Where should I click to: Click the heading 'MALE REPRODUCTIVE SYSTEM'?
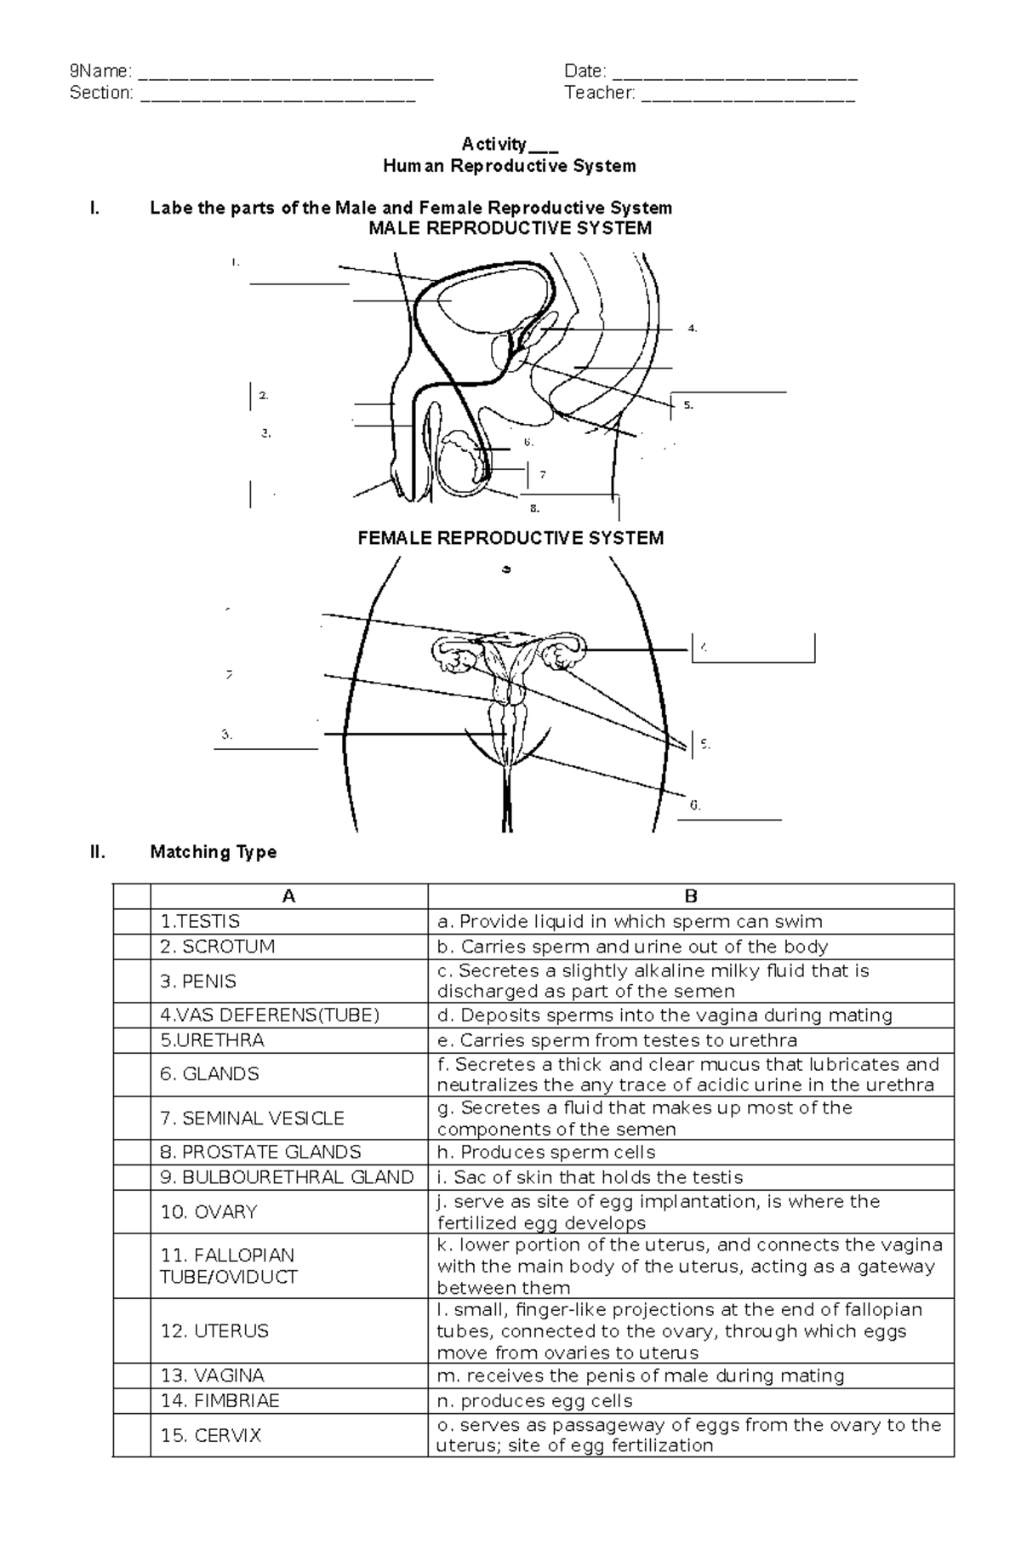coord(510,228)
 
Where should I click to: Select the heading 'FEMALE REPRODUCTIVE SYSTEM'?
coord(510,538)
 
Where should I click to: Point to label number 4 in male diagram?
coord(693,329)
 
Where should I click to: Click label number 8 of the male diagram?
coord(534,509)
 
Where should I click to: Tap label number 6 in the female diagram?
coord(695,805)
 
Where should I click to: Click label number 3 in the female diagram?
coord(226,734)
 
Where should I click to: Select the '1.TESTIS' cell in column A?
coord(201,921)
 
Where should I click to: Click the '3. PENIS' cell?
coord(198,981)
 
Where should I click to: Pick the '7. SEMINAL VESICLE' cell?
coord(252,1118)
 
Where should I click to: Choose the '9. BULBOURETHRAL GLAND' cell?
coord(287,1177)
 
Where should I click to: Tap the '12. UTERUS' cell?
coord(214,1330)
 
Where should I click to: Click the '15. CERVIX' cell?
coord(211,1435)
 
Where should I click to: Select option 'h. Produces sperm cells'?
coord(546,1153)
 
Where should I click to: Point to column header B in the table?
coord(691,896)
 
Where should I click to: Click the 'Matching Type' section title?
coord(213,852)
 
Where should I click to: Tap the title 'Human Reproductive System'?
coord(510,166)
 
